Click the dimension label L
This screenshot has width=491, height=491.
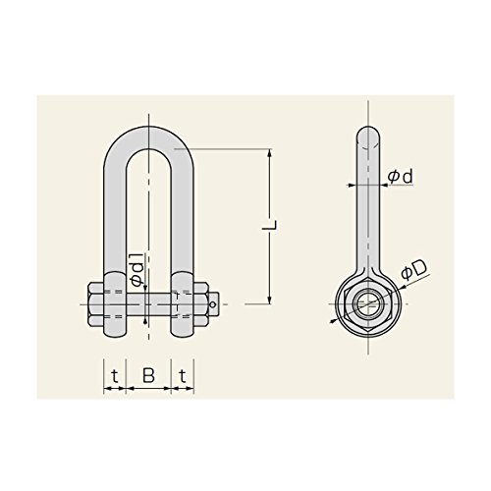(x=270, y=225)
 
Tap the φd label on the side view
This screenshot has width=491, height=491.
(x=400, y=177)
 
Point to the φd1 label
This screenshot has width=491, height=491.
(x=137, y=269)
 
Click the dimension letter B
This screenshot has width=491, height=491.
(x=148, y=375)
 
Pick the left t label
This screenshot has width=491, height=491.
(x=115, y=376)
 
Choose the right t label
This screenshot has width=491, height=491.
(x=183, y=376)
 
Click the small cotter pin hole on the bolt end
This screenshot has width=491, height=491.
(x=213, y=304)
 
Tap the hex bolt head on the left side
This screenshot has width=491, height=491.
(x=96, y=304)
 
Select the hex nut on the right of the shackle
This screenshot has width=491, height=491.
(x=200, y=304)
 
